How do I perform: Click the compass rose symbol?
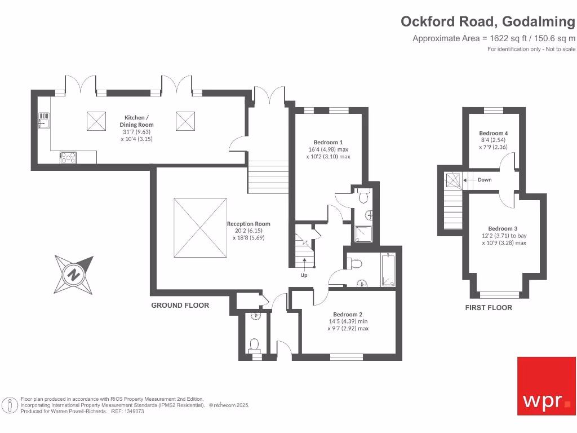[73, 275]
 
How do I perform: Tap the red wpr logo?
[547, 386]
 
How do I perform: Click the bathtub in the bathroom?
[388, 271]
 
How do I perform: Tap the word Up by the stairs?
[304, 276]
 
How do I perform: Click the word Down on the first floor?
[484, 180]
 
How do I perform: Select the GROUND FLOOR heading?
[180, 305]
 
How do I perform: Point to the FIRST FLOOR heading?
[489, 307]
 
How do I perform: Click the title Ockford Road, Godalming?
[488, 21]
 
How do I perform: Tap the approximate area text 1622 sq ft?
[494, 38]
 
